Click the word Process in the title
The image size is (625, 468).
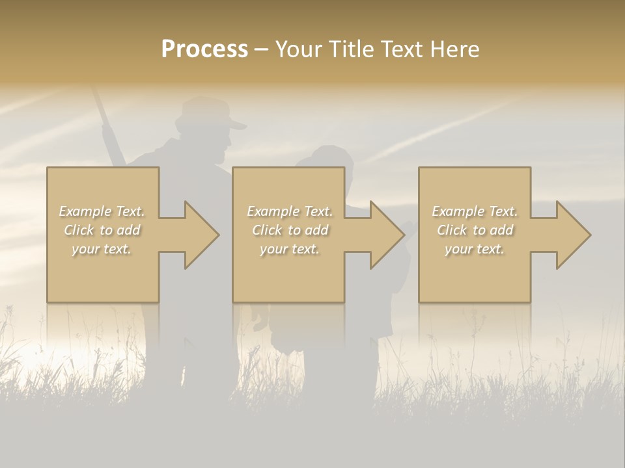[204, 49]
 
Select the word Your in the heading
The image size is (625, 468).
[299, 49]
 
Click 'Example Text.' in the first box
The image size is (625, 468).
[102, 211]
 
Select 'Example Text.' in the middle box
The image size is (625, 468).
[290, 211]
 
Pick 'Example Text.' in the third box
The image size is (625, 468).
[475, 211]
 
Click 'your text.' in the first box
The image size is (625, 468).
[102, 249]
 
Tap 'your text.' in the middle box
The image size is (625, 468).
[290, 249]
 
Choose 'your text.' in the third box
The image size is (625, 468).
[475, 249]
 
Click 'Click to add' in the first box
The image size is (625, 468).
[102, 230]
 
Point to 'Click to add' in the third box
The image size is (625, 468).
[475, 230]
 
